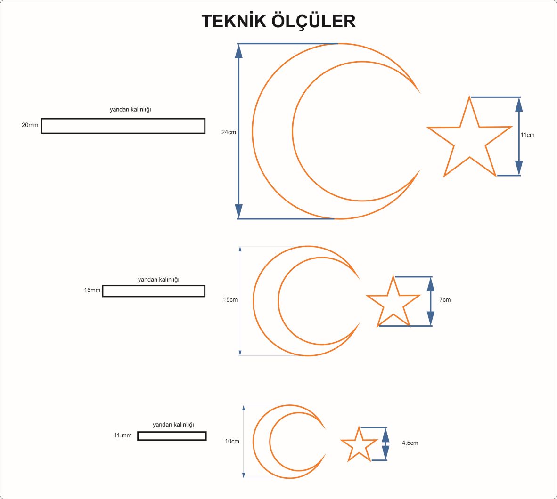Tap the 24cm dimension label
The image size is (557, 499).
tap(229, 132)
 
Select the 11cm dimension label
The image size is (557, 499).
tap(527, 135)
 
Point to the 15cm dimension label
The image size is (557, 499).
tap(230, 299)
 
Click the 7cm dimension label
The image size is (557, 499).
tap(445, 299)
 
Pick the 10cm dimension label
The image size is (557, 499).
tap(232, 441)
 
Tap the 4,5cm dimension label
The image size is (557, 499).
tap(410, 443)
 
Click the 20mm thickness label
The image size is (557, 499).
tap(30, 125)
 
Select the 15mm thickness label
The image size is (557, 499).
tap(92, 290)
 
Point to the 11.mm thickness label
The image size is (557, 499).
tap(123, 435)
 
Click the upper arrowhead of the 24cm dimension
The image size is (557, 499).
tap(239, 51)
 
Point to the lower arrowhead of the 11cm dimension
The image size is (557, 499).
tap(519, 168)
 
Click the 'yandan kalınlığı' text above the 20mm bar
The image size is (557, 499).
tap(131, 110)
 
